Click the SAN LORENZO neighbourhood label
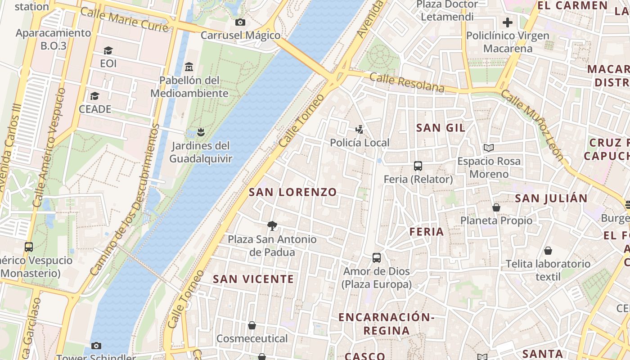tap(293, 192)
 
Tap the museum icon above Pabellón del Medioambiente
tap(189, 67)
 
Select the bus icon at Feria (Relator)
tap(418, 166)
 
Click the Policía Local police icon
tap(359, 130)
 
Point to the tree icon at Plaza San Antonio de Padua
tap(272, 226)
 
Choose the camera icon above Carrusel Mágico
tap(240, 22)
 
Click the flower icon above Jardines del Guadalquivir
tap(201, 132)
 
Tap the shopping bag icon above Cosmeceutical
tap(252, 325)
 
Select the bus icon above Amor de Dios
tap(377, 258)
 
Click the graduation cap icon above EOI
tap(108, 50)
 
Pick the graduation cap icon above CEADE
tap(94, 96)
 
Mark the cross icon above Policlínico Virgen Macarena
tap(508, 22)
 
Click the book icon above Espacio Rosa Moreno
tap(488, 148)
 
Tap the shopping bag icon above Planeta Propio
tap(496, 207)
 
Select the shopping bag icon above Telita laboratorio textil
tap(548, 251)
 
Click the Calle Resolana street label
tap(407, 83)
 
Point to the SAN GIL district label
tap(441, 128)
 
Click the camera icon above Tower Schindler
tap(96, 346)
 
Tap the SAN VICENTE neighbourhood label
tap(253, 279)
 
